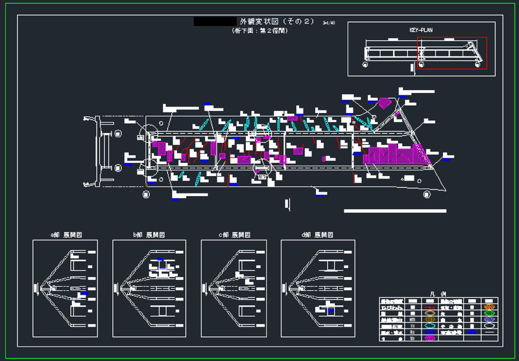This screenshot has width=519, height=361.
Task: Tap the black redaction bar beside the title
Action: pyautogui.click(x=215, y=21)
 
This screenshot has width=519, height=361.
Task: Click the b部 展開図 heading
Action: pyautogui.click(x=149, y=234)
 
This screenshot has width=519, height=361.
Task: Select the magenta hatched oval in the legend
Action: pyautogui.click(x=430, y=338)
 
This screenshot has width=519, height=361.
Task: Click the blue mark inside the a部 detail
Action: pyautogui.click(x=83, y=295)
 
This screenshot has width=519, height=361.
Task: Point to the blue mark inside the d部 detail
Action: pyautogui.click(x=331, y=311)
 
